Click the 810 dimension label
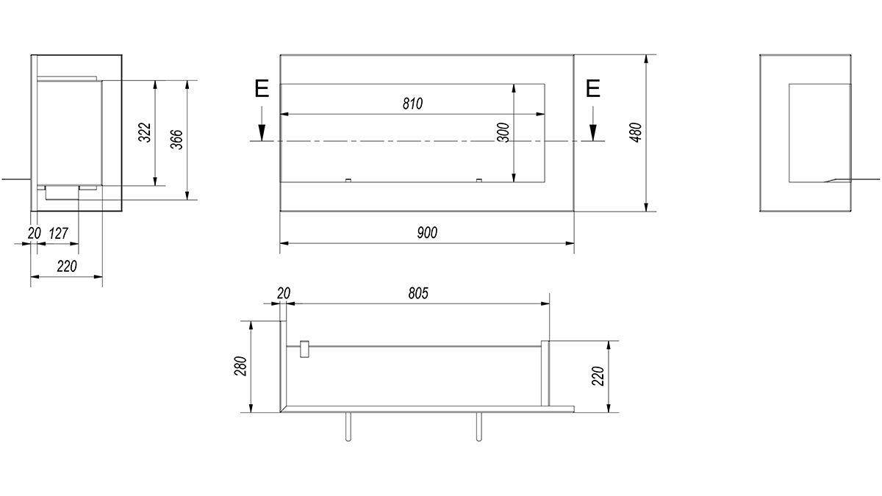click(x=412, y=104)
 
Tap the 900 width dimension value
click(x=427, y=233)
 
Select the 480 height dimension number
click(x=637, y=133)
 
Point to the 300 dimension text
click(x=503, y=133)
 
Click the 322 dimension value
click(x=146, y=133)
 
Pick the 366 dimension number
click(x=177, y=140)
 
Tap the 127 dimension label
click(x=58, y=234)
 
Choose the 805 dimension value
click(x=417, y=293)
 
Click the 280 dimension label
click(x=240, y=366)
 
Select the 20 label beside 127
click(x=35, y=234)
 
